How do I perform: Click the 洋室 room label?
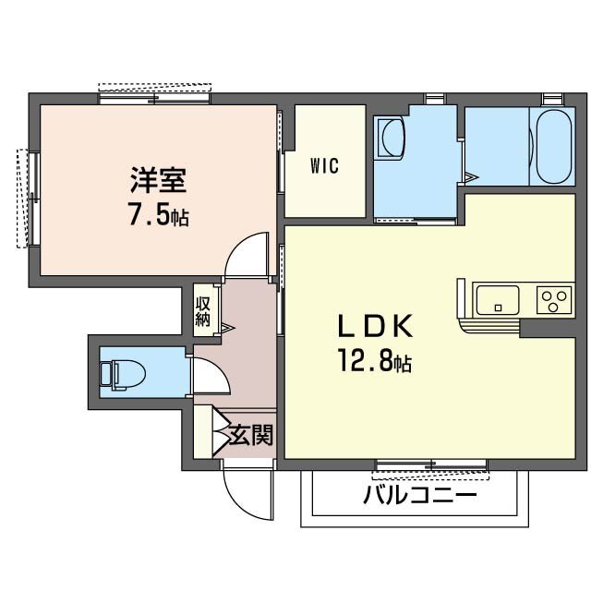pyautogui.click(x=159, y=178)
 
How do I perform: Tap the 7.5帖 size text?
pyautogui.click(x=159, y=215)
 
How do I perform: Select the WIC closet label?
pyautogui.click(x=324, y=166)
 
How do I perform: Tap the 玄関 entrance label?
pyautogui.click(x=250, y=434)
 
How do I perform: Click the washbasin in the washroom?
pyautogui.click(x=392, y=140)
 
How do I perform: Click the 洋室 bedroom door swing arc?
pyautogui.click(x=247, y=254)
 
